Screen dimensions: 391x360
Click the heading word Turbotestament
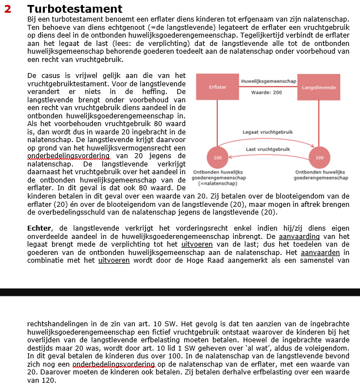(74, 9)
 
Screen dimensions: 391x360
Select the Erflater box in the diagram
(217, 87)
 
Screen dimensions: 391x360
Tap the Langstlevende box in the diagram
(319, 87)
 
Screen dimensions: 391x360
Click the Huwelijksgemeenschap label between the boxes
(268, 82)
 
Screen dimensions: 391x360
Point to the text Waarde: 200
(267, 92)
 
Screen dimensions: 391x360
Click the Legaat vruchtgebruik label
(267, 132)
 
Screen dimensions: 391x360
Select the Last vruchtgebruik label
(268, 149)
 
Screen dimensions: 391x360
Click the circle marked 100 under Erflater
(217, 158)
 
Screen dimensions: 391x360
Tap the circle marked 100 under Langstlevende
(319, 158)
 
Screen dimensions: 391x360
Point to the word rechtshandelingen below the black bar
(59, 323)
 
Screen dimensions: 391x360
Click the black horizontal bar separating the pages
(180, 291)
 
